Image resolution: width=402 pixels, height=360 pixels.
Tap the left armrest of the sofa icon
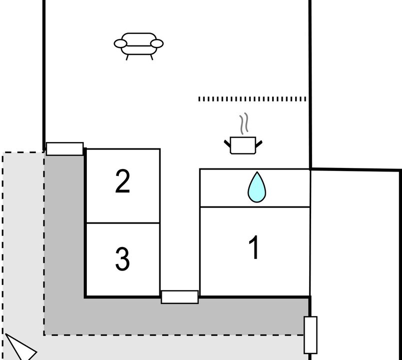(x=120, y=43)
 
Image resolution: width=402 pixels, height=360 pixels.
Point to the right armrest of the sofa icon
(x=157, y=43)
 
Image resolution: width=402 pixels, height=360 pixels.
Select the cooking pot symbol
(x=243, y=145)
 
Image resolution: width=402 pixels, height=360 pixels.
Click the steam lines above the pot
(x=244, y=123)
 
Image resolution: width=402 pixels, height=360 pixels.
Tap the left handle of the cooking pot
(x=227, y=143)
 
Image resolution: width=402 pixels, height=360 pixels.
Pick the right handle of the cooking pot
(x=259, y=144)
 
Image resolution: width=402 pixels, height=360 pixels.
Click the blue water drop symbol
(x=257, y=187)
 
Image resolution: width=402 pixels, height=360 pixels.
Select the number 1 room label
(x=254, y=247)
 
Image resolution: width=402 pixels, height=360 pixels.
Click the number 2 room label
(x=122, y=181)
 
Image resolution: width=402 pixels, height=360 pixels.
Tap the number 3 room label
(x=122, y=259)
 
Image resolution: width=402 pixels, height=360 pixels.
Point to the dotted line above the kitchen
(x=252, y=99)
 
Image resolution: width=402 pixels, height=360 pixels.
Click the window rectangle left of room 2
(x=65, y=148)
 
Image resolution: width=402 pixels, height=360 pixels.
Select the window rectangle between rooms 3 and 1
(x=180, y=297)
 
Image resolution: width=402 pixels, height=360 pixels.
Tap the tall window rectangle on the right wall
(x=311, y=335)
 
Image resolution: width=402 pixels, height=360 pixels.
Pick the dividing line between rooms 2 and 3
(x=123, y=223)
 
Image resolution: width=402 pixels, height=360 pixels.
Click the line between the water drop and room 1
(x=255, y=206)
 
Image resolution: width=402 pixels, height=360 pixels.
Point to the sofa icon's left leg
(x=127, y=57)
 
